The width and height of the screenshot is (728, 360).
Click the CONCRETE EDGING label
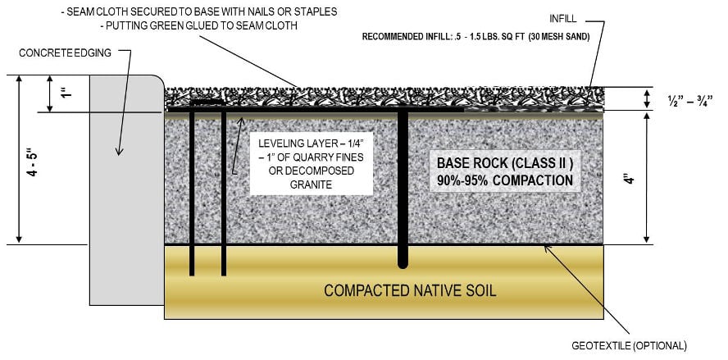tap(65, 53)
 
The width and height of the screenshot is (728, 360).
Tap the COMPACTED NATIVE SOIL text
tap(410, 291)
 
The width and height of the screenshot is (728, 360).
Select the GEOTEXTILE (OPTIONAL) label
tap(629, 346)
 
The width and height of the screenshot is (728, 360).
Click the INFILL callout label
tap(562, 19)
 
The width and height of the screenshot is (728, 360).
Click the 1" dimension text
tap(67, 93)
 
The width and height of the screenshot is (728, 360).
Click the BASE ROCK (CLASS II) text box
tap(505, 171)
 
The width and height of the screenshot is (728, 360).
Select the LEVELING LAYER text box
tap(311, 163)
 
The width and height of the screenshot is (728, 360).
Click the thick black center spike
tap(403, 188)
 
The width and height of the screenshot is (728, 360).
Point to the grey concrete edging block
tap(127, 190)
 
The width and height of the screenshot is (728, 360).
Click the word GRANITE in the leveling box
tap(311, 185)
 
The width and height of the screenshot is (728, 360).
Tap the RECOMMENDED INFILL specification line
tap(475, 37)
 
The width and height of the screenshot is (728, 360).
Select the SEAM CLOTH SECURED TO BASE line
tap(199, 12)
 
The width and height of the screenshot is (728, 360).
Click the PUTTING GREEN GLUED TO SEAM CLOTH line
tap(198, 26)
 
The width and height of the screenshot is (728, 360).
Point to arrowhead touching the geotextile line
tap(548, 249)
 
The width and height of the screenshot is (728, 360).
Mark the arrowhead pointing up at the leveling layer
tap(241, 122)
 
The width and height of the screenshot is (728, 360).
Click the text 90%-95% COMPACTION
tap(505, 180)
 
